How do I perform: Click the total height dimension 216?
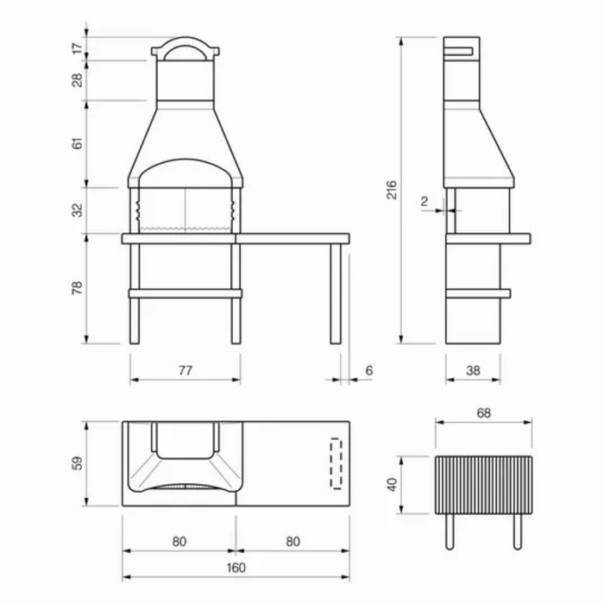[392, 190]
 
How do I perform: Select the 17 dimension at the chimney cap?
[78, 48]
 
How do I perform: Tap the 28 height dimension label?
[78, 80]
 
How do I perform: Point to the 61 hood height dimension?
[78, 143]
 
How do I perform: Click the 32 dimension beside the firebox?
[78, 211]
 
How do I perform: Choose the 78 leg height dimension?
[78, 287]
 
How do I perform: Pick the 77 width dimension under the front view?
[186, 370]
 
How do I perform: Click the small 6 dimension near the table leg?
[369, 370]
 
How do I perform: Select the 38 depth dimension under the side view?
[473, 370]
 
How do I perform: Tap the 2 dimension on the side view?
[425, 201]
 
